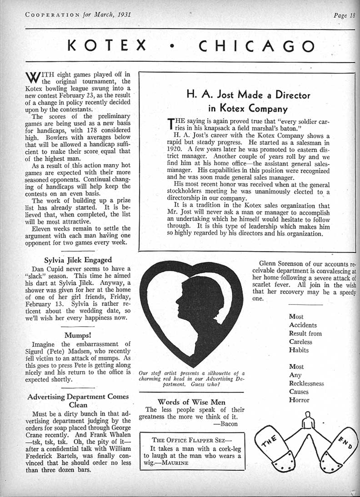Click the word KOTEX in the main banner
[107, 46]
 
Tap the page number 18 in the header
[351, 15]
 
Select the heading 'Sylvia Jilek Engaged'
[78, 260]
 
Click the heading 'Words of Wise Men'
[191, 402]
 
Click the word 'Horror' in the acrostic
[299, 400]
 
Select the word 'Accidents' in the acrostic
[303, 325]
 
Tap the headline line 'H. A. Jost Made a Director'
[248, 95]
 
